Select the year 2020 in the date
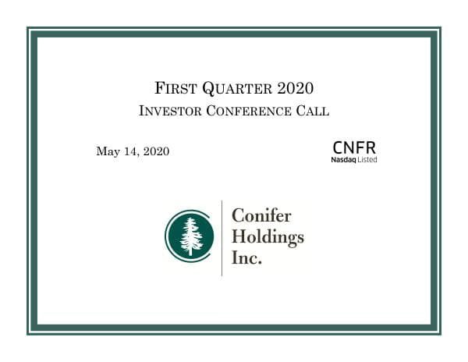tap(155, 151)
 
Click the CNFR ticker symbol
tap(353, 147)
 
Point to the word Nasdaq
tap(343, 159)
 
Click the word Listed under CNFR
tap(366, 159)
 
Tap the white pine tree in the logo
tap(191, 236)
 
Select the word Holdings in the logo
tap(268, 238)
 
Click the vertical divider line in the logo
tap(222, 237)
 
